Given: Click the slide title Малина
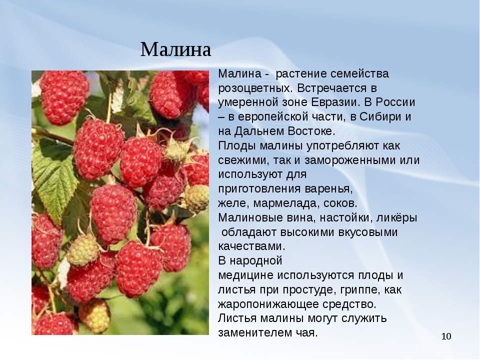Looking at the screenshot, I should (176, 49).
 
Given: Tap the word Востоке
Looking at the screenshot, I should (310, 131).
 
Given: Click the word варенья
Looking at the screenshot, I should (329, 189).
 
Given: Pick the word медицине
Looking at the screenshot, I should (245, 275).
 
